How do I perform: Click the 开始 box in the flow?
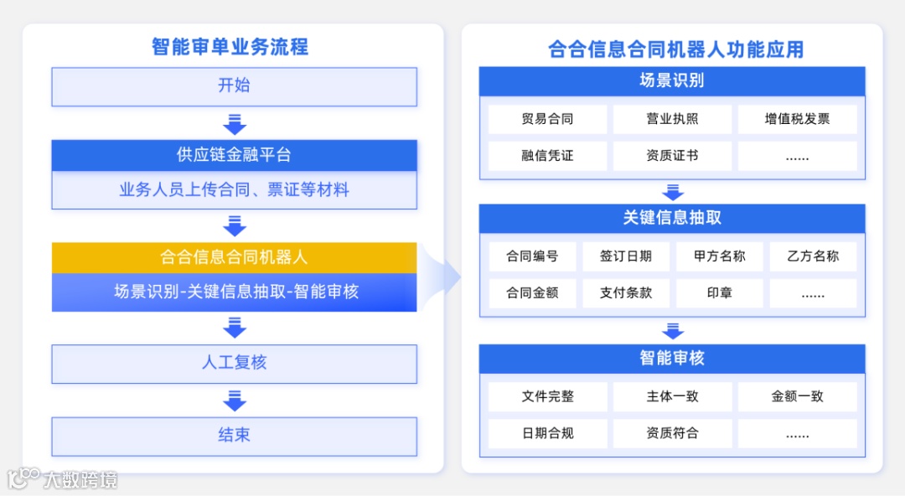coord(234,86)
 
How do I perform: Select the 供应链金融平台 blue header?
coord(234,155)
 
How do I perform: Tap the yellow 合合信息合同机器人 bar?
coord(234,257)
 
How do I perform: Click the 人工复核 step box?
coord(234,364)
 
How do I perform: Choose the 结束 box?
coord(234,436)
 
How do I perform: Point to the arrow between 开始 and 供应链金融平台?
coord(235,124)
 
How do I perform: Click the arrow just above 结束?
coord(235,400)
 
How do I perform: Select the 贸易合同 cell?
coord(547,119)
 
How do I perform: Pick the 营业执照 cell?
coord(672,119)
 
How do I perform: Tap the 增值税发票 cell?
coord(797,119)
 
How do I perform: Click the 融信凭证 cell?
coord(547,156)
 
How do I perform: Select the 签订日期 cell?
coord(625,256)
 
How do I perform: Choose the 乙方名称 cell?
coord(813,256)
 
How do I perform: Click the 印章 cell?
coord(719,293)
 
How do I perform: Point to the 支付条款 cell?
coord(625,293)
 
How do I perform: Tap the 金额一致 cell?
coord(797,396)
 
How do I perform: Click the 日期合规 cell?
coord(547,433)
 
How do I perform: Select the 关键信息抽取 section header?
coord(672,218)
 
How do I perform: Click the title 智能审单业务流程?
coord(230,47)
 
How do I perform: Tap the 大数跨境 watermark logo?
coord(63,479)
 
